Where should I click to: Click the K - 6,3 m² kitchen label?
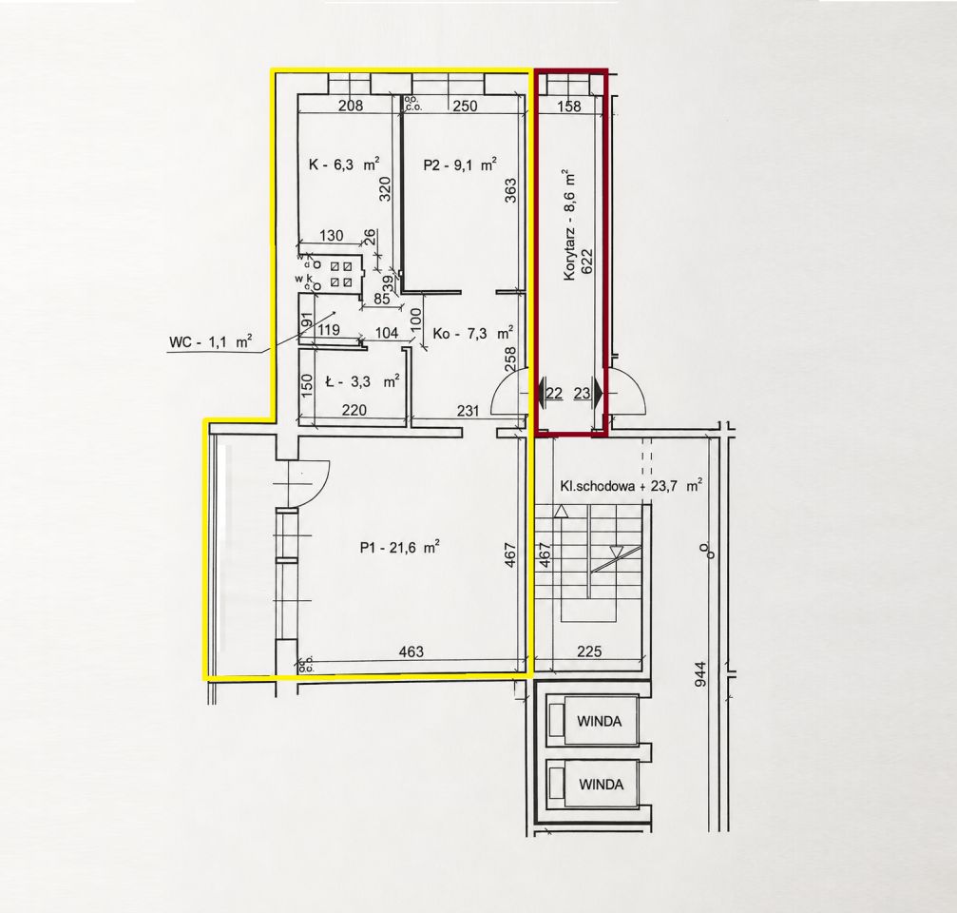(344, 164)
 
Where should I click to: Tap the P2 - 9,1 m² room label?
(459, 164)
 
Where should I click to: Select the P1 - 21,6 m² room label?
(400, 547)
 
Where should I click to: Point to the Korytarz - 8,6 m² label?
(570, 224)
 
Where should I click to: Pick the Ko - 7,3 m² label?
(472, 333)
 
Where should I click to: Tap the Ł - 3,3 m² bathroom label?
(362, 381)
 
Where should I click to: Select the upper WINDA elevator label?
(600, 721)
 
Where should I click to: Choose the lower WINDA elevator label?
(602, 785)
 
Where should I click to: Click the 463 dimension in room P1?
(411, 651)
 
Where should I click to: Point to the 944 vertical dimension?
(700, 674)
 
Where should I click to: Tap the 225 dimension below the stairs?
(589, 651)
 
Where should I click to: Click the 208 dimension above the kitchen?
(351, 106)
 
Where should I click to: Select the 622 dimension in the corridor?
(587, 263)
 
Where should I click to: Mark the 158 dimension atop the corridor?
(569, 106)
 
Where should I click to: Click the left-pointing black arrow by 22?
(541, 393)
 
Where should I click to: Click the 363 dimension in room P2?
(511, 190)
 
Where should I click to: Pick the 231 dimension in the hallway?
(469, 411)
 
